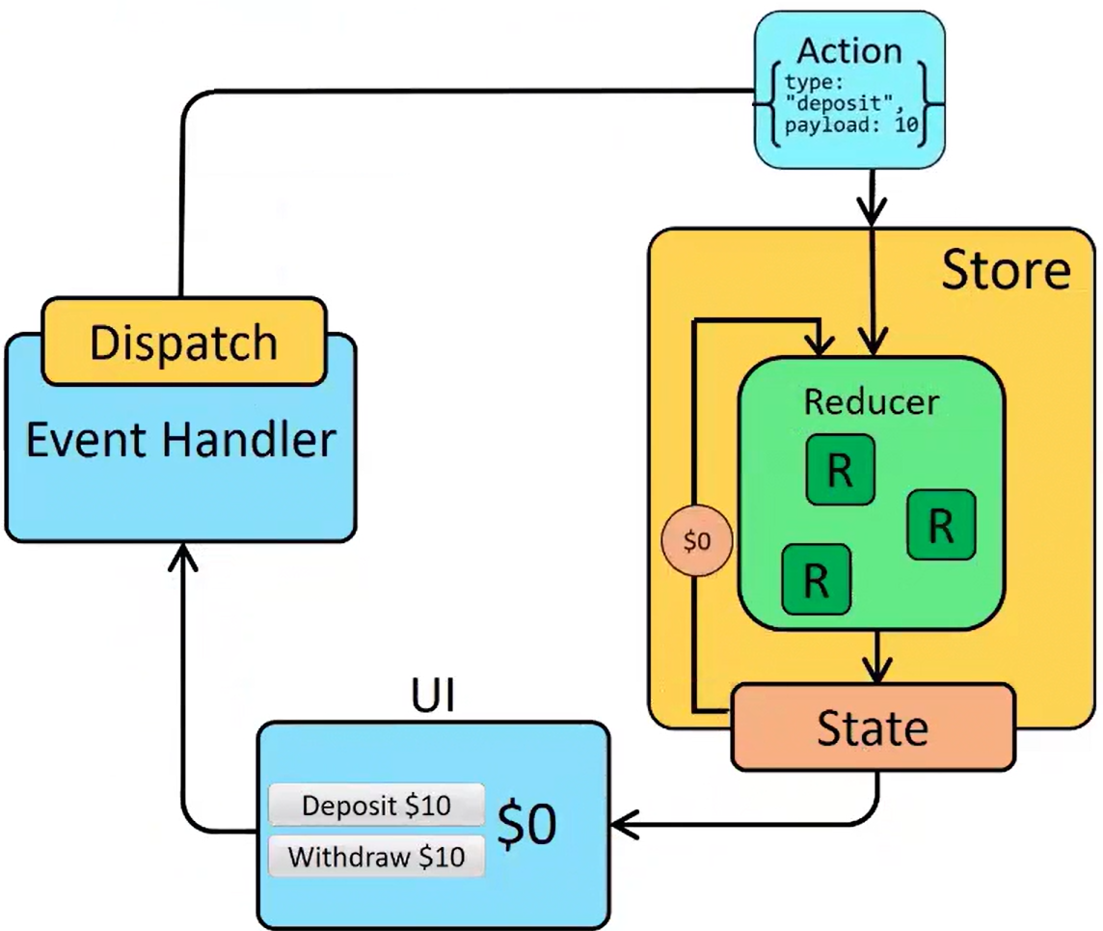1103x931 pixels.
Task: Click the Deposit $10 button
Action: coord(376,805)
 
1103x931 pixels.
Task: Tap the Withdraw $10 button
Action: coord(376,856)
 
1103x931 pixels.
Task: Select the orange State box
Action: coord(873,727)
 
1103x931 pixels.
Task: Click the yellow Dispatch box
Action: coord(183,342)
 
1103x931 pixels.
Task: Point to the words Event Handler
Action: coord(181,441)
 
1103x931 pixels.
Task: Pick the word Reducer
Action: coord(871,400)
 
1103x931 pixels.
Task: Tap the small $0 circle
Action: coord(697,541)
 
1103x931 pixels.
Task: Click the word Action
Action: coord(849,50)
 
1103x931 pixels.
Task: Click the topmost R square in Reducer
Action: coord(841,470)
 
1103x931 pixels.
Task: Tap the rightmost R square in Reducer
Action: coord(942,525)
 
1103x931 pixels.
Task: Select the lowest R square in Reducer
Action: coord(816,580)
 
